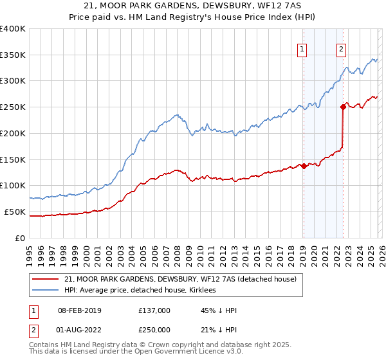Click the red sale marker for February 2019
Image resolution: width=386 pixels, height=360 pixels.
pos(304,166)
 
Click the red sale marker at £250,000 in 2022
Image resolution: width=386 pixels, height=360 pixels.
pos(343,107)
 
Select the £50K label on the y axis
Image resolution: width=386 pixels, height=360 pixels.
pos(15,212)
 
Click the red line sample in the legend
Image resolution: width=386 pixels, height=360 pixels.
pos(46,279)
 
